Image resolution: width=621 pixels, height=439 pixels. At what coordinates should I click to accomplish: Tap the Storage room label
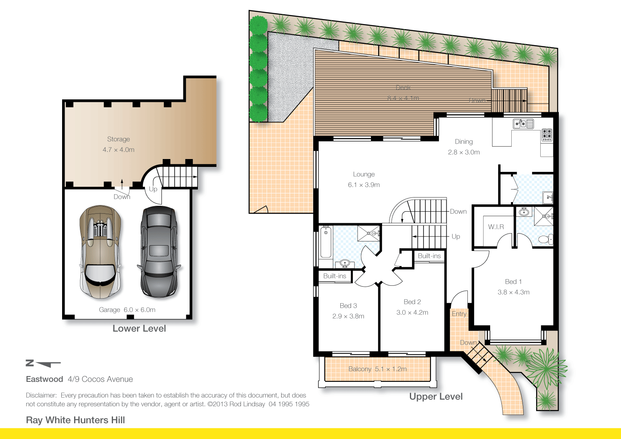[x=118, y=140]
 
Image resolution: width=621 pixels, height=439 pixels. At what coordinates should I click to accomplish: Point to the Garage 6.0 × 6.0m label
[x=127, y=310]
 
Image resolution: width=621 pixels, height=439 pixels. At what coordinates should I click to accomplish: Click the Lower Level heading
[x=139, y=328]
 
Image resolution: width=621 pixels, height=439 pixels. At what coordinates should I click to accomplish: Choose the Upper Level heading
[x=436, y=396]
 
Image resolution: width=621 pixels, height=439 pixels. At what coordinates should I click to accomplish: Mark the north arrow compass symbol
[x=43, y=364]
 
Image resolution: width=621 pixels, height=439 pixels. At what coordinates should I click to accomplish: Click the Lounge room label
[x=364, y=174]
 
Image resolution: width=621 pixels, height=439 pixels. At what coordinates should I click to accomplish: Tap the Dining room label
[x=464, y=142]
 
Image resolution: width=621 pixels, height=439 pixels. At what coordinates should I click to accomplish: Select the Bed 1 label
[x=513, y=282]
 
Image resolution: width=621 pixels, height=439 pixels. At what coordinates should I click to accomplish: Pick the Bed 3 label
[x=348, y=306]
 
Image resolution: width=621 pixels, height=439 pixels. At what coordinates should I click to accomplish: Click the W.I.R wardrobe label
[x=496, y=227]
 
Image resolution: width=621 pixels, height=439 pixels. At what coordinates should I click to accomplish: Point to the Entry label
[x=459, y=314]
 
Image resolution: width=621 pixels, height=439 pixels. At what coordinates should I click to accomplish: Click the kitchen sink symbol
[x=523, y=123]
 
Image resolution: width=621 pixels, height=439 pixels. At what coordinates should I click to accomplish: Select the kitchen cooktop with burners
[x=547, y=135]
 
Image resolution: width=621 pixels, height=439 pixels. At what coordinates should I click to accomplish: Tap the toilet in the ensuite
[x=544, y=239]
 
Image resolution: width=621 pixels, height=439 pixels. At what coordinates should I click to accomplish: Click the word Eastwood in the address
[x=44, y=379]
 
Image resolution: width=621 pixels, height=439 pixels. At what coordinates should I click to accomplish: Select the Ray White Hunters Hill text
[x=75, y=420]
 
